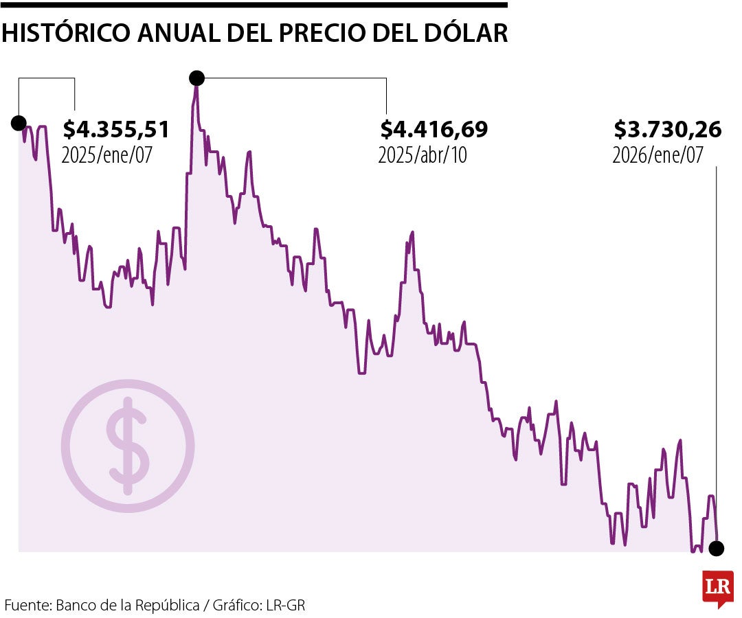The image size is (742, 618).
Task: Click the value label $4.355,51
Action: [115, 129]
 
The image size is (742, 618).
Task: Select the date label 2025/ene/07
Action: [106, 154]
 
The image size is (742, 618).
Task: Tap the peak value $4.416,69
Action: [434, 129]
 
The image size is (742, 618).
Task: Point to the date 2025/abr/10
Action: [422, 154]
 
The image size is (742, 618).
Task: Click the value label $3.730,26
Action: [667, 129]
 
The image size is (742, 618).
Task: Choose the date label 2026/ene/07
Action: [657, 154]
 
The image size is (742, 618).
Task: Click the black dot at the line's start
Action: [19, 123]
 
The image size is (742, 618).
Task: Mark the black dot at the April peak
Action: [196, 78]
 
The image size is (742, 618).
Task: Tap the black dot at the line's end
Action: [717, 548]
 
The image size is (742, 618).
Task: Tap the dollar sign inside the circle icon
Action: [128, 446]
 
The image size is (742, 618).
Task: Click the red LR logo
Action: [717, 588]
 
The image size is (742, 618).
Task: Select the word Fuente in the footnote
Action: [27, 606]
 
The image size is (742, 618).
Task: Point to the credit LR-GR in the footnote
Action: [286, 606]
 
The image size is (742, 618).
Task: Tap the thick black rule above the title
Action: [254, 5]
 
